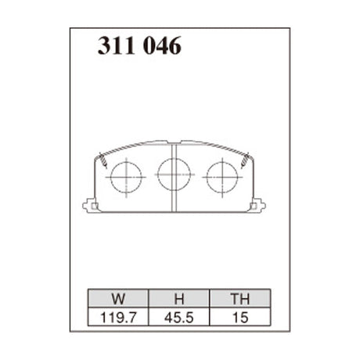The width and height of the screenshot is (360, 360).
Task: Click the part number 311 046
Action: coord(140,47)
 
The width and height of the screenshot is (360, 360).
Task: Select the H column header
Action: coord(178,298)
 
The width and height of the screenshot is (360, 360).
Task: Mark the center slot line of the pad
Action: coord(171,196)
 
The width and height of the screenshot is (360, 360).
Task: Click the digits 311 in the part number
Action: coord(115,47)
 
